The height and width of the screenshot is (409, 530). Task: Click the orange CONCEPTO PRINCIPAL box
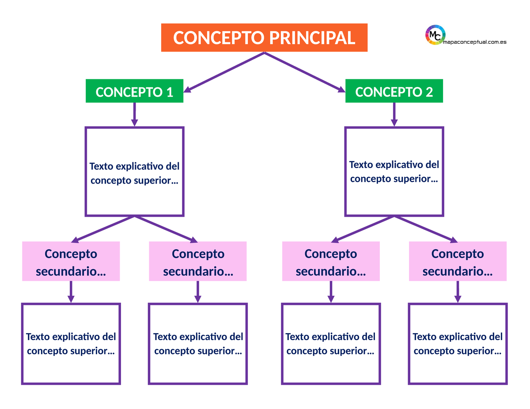point(264,38)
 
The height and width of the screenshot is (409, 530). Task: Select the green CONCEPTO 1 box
point(134,92)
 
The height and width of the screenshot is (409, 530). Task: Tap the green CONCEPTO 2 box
point(394,92)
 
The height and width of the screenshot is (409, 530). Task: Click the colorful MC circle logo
point(435,35)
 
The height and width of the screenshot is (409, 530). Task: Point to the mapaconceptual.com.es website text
point(474,42)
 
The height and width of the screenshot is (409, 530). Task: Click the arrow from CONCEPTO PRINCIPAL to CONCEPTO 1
point(224,72)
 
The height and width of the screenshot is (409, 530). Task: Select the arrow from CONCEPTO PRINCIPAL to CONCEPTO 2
point(305,72)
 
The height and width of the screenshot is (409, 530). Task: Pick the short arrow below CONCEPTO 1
point(134,115)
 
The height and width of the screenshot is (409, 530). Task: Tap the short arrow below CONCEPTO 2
point(394,115)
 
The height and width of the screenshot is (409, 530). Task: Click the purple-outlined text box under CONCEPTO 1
point(134,172)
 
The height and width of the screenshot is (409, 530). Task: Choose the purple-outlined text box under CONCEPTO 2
point(394,172)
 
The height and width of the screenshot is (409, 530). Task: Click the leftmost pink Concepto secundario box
point(71,261)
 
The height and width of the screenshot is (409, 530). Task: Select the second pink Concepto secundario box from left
point(198,261)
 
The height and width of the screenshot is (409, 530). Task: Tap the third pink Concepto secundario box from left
point(331,261)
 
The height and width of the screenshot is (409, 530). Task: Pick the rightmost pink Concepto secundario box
point(458,261)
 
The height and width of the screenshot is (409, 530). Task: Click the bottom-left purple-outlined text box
point(71,344)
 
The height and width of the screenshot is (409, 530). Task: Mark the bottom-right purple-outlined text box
point(458,344)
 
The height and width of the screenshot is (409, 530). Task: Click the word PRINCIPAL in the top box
point(312,38)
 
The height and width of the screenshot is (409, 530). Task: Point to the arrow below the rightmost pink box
point(458,292)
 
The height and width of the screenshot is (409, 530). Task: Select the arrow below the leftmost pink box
point(71,292)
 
